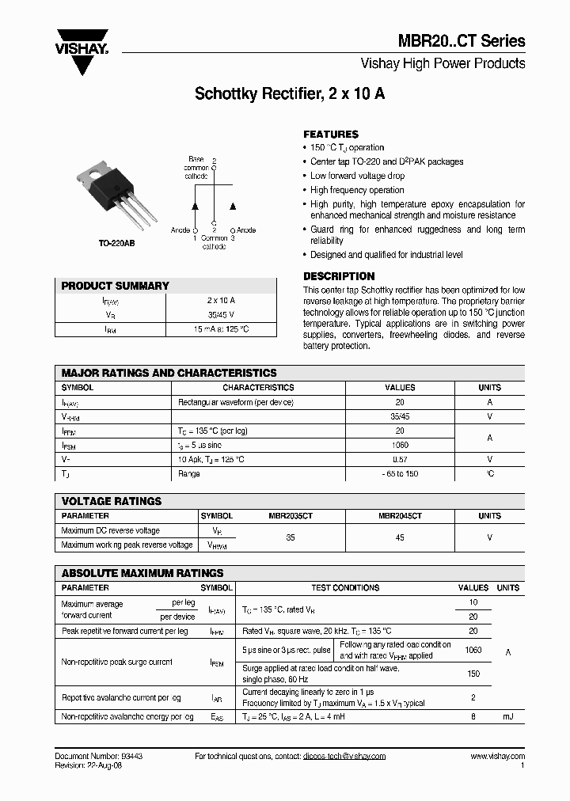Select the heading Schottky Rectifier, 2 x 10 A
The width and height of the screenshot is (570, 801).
pos(290,93)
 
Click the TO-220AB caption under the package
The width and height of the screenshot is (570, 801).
pos(116,244)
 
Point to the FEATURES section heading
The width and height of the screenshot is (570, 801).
pos(331,135)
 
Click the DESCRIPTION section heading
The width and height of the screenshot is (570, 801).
pos(339,276)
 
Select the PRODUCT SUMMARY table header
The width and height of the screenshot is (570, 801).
pos(116,286)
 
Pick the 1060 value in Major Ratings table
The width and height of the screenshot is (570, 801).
pos(400,446)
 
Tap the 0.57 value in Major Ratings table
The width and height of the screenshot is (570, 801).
pos(400,459)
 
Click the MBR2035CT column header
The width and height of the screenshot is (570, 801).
pos(291,516)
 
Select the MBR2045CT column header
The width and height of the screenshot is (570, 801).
pos(400,516)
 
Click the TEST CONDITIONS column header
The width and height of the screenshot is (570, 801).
pos(345,588)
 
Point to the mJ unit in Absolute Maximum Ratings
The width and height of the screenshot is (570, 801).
pos(507,716)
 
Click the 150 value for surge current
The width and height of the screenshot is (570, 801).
pos(473,674)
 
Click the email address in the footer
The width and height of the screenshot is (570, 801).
pos(344,757)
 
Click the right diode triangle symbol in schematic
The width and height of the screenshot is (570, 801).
pos(233,206)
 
